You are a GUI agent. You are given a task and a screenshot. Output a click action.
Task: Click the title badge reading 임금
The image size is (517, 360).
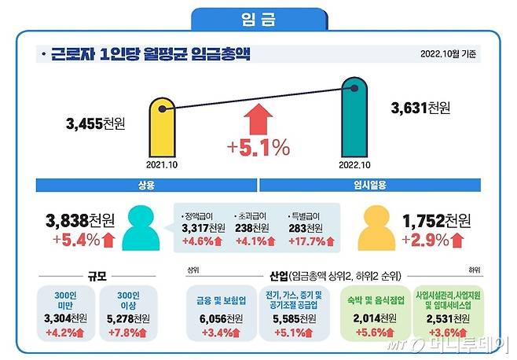click(258, 18)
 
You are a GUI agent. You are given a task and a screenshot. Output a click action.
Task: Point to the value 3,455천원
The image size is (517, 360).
click(97, 123)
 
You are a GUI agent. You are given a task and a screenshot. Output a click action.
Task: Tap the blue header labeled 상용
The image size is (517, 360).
click(146, 186)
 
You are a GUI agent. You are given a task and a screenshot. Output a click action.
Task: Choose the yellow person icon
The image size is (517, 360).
click(374, 227)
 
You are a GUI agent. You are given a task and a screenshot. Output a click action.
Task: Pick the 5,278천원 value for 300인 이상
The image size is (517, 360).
click(130, 318)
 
